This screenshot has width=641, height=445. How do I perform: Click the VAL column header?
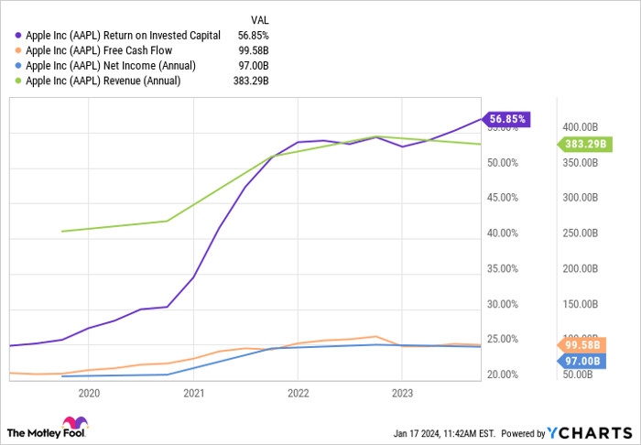(x=261, y=19)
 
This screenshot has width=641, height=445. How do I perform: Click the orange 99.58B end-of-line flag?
(x=581, y=345)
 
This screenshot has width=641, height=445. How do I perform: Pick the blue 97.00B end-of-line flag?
(x=581, y=361)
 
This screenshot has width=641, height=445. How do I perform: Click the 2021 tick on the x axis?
(x=193, y=394)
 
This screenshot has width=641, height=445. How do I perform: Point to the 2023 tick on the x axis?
(x=401, y=394)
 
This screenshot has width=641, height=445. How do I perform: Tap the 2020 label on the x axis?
(x=89, y=394)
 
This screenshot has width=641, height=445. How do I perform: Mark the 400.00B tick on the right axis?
(x=581, y=126)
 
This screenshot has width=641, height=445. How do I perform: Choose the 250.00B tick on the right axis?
(x=581, y=233)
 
